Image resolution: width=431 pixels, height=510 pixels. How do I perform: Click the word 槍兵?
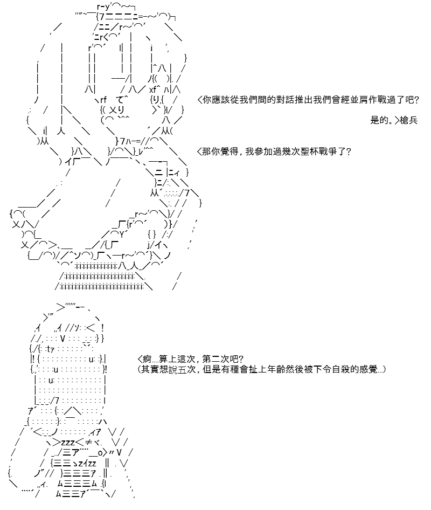(x=408, y=120)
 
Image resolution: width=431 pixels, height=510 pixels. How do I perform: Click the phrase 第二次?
(x=216, y=359)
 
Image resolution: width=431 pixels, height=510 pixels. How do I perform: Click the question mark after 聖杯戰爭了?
(x=349, y=151)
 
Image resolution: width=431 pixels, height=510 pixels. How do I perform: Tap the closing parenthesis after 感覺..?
(x=384, y=369)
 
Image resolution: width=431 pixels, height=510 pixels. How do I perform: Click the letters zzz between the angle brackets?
(x=68, y=443)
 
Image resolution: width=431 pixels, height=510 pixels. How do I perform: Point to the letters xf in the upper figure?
(x=153, y=89)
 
